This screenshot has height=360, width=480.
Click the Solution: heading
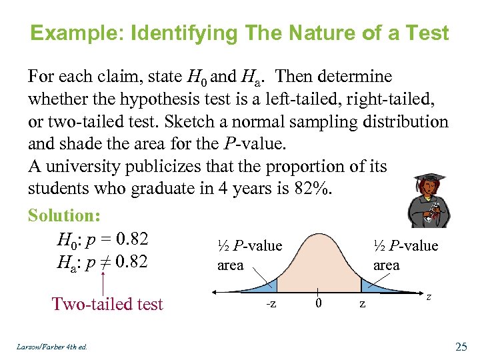(64, 215)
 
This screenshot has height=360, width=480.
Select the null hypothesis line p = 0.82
(103, 239)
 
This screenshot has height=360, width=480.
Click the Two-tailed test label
(107, 304)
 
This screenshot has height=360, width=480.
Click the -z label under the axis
(271, 304)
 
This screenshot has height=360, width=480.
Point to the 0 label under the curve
(319, 304)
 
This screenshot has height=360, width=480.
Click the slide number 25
(460, 345)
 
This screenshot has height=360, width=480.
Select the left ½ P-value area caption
(249, 255)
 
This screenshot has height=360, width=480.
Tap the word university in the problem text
(91, 166)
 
